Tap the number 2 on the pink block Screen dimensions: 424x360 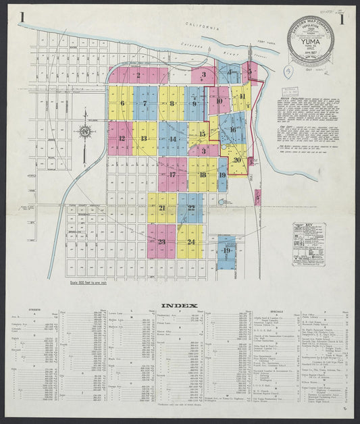[138, 76]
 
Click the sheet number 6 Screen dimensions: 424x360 [122, 103]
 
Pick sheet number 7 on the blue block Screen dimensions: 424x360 [145, 103]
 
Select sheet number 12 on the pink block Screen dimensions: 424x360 [122, 138]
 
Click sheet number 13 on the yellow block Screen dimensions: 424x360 [144, 138]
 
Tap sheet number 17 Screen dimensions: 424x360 [173, 174]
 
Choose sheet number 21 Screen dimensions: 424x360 [162, 208]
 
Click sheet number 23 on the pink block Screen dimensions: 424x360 [161, 242]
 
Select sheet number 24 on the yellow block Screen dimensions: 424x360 [191, 242]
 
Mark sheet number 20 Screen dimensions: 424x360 [237, 160]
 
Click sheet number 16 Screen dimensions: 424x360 [233, 130]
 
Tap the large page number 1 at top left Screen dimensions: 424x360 [23, 18]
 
